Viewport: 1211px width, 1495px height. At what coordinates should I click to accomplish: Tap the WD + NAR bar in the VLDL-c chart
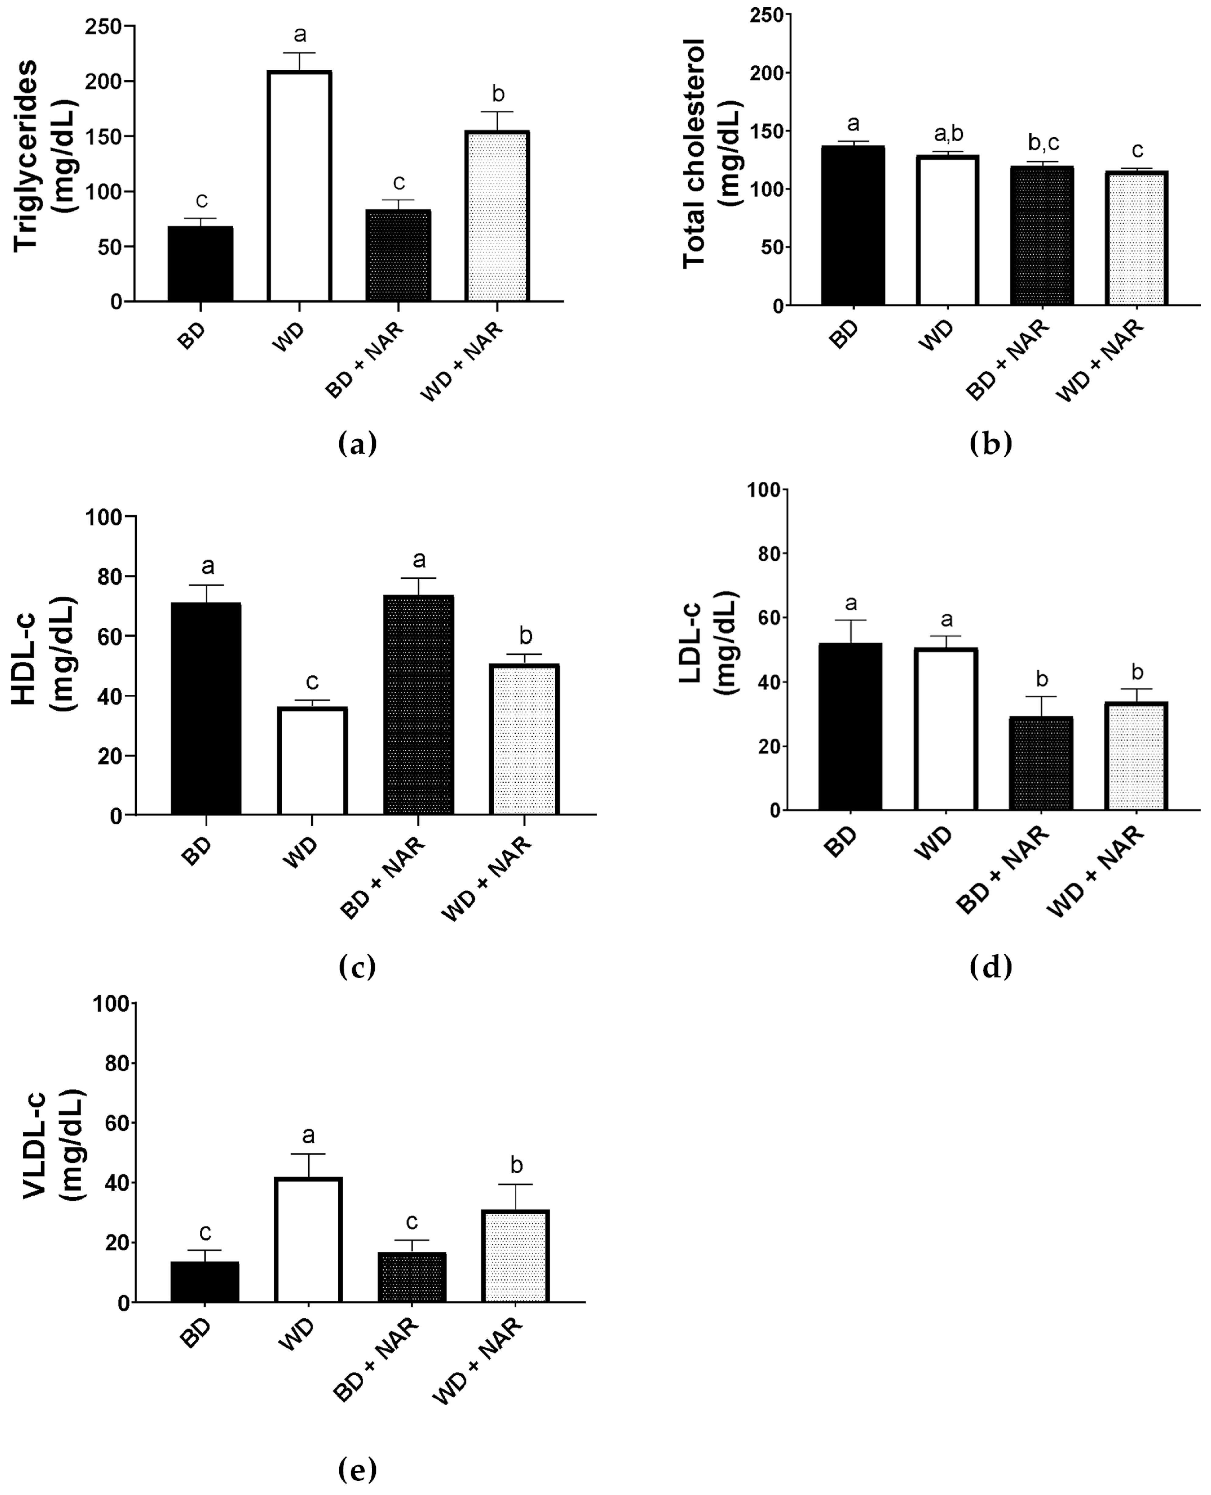516,1257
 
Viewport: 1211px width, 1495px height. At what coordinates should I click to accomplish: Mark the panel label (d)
990,967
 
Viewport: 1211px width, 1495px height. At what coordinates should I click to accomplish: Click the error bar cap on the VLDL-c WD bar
308,1154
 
